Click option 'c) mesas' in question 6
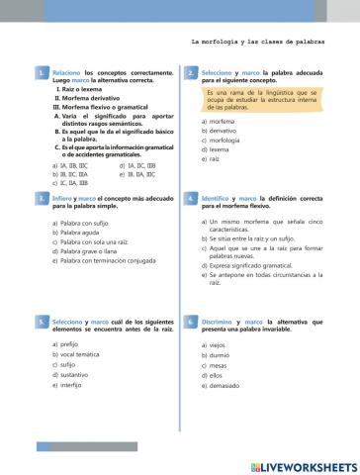click(x=215, y=364)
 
